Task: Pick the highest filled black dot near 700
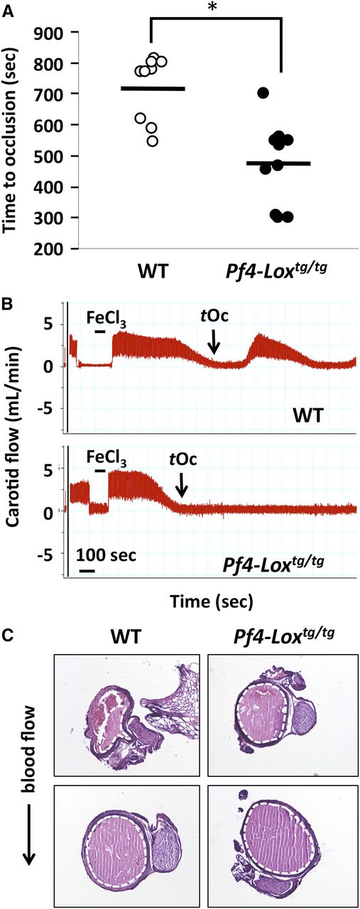(x=263, y=93)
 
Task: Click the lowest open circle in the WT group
(x=153, y=141)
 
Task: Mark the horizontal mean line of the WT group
(x=153, y=88)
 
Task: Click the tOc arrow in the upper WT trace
(x=214, y=344)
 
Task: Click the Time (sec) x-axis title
(x=210, y=602)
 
